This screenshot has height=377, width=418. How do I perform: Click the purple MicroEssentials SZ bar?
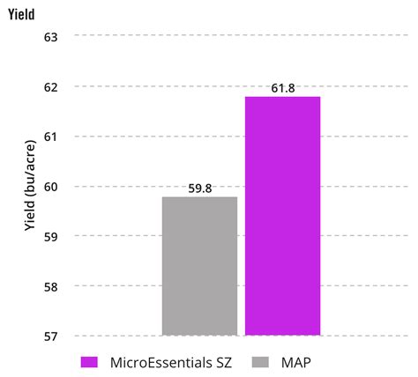coord(282,216)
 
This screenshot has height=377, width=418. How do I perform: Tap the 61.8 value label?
coord(282,89)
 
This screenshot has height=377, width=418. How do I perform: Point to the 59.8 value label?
coord(199,188)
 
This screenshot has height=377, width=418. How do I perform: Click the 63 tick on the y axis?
coord(50,37)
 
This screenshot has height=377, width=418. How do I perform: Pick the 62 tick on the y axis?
coord(50,87)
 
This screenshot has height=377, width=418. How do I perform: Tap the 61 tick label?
coord(50,137)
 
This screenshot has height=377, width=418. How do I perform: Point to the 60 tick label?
coord(50,187)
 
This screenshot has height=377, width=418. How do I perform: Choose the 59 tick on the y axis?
coord(50,236)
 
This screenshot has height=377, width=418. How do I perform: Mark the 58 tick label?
coord(50,286)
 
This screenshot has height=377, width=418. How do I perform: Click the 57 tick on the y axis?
coord(50,336)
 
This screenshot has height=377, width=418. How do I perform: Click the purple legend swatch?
coord(88,361)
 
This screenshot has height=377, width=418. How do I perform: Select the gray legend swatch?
coord(260,361)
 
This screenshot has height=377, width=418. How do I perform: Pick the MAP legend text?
coord(299,361)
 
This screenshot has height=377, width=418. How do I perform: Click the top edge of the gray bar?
coord(199,197)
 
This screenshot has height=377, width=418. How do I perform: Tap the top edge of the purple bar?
coord(282,97)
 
